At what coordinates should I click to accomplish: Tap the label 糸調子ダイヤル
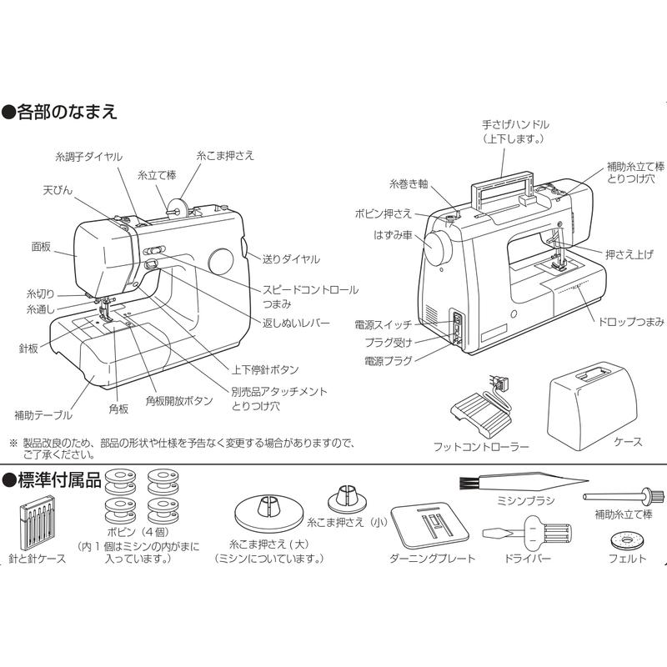pos(89,157)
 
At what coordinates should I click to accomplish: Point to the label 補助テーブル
pos(43,414)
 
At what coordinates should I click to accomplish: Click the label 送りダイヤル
pos(291,259)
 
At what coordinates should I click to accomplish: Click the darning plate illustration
pos(431,527)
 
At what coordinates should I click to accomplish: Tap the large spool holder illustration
pos(268,527)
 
